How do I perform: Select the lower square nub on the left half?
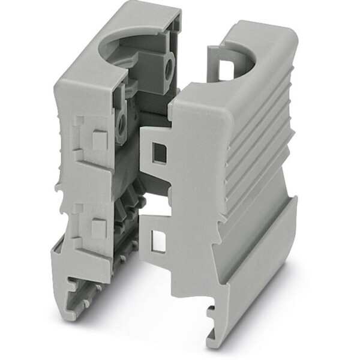[x=95, y=226]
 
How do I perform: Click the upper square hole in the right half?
[x=160, y=152]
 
